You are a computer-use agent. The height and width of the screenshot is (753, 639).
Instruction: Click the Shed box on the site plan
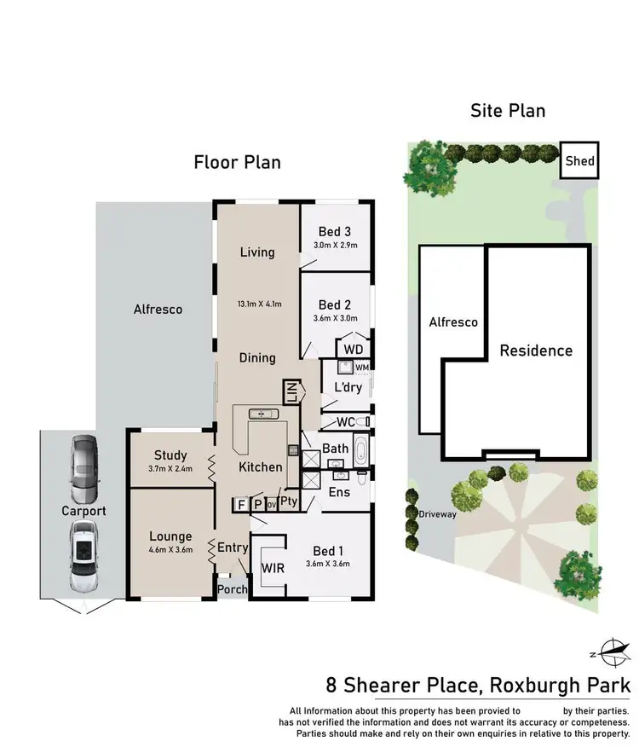tap(580, 160)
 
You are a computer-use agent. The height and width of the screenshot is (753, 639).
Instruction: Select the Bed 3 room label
tap(335, 231)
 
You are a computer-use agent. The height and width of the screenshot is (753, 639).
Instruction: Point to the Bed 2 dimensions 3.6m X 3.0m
tap(335, 319)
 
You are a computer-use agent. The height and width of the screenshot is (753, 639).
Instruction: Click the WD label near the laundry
tap(352, 350)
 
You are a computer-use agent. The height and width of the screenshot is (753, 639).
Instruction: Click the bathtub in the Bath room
tap(360, 449)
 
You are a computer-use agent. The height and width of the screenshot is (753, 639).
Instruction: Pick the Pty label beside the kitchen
tap(289, 501)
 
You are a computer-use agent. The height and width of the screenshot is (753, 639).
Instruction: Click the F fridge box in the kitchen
tap(241, 505)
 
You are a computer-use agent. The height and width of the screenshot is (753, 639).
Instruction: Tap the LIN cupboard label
tap(291, 392)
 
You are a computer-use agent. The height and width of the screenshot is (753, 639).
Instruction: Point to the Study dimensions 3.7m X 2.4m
tap(170, 468)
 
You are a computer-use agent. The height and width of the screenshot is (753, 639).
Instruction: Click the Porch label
tap(233, 589)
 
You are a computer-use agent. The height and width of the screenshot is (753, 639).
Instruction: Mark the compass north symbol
tap(611, 652)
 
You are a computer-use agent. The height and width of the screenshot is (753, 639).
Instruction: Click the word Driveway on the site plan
tap(438, 514)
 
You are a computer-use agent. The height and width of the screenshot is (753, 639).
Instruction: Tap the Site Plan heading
tap(508, 110)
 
